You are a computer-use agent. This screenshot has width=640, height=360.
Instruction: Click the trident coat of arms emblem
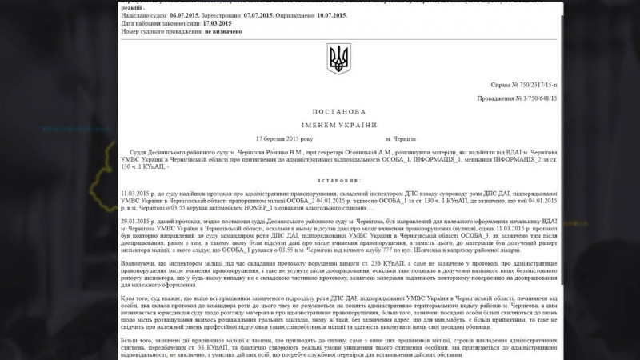(338, 58)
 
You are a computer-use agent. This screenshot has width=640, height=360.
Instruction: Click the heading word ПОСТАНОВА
(338, 111)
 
